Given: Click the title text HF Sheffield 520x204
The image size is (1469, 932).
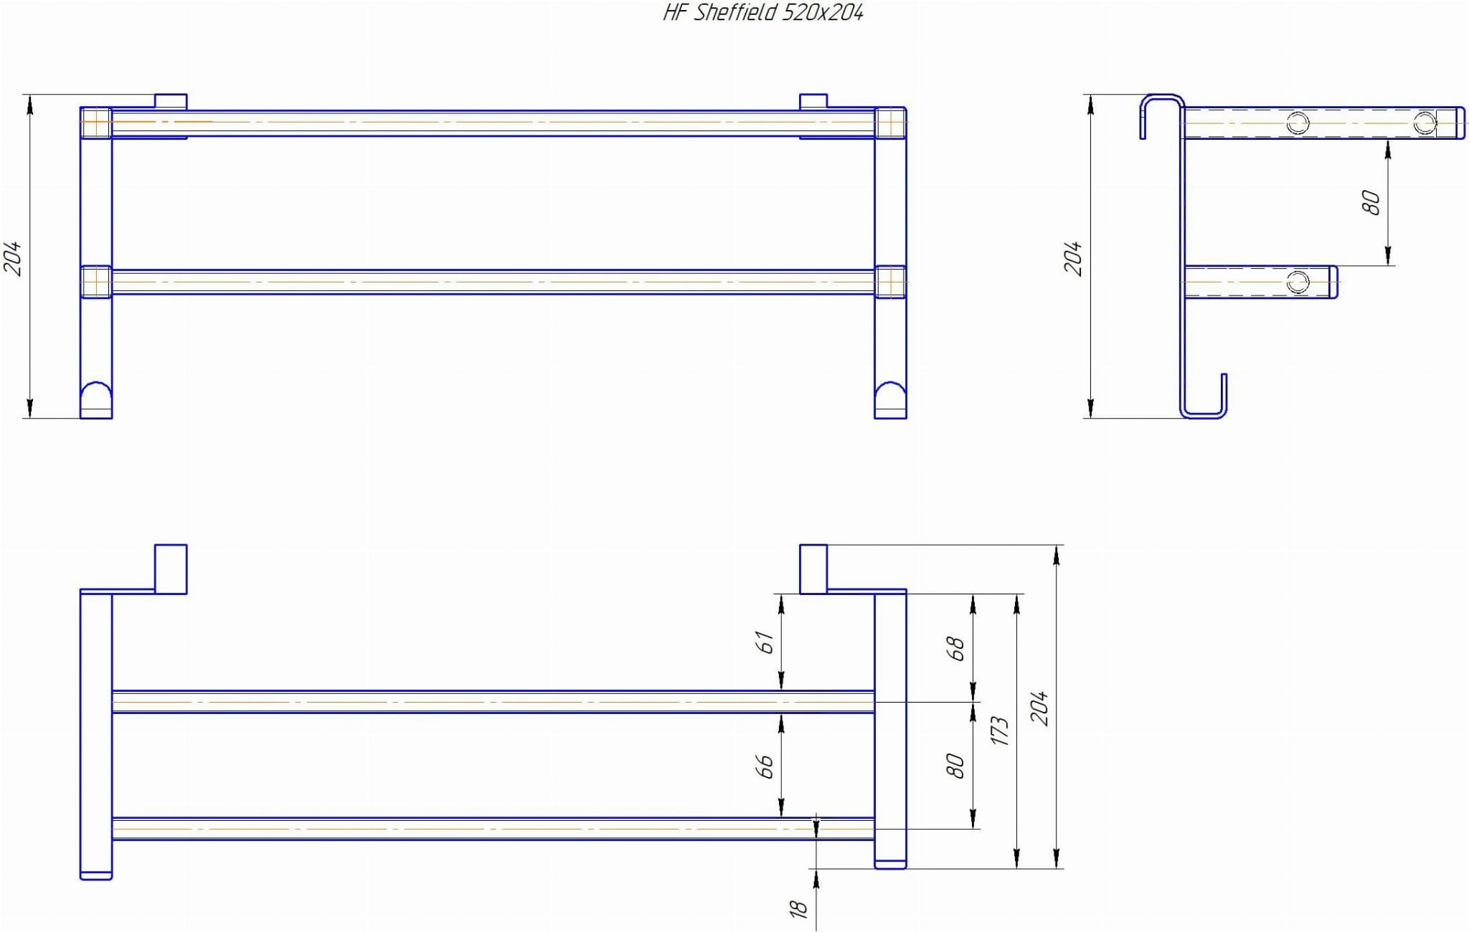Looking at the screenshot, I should pos(762,13).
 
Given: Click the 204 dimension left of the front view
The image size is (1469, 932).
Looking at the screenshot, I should pos(13,259).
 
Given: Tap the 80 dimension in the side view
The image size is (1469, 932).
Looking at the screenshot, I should pos(1370,203).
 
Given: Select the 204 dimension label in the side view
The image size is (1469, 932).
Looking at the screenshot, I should pos(1072,258).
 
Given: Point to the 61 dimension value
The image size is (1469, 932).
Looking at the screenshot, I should pos(766,642).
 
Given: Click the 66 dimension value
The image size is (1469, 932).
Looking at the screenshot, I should pos(766,766).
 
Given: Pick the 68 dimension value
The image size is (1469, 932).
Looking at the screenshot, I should pos(955,649).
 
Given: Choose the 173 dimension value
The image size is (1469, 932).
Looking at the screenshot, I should pos(999,731).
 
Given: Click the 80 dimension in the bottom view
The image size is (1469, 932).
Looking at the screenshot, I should pos(955,766).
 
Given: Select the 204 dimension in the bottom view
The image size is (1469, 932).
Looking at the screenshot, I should pos(1039,708).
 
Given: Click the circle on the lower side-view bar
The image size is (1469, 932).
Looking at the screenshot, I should pos(1298,282).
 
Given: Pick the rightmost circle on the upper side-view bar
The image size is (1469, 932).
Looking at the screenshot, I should pos(1425,123).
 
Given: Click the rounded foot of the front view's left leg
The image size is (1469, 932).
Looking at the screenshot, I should pos(96,399).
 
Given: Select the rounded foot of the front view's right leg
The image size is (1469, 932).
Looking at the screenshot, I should pos(890,399).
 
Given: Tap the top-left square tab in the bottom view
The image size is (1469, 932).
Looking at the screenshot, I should pos(171,569).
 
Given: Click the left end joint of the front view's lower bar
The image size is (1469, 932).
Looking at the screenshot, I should pos(96,282).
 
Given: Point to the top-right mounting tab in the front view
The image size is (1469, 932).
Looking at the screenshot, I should pos(813,101).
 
